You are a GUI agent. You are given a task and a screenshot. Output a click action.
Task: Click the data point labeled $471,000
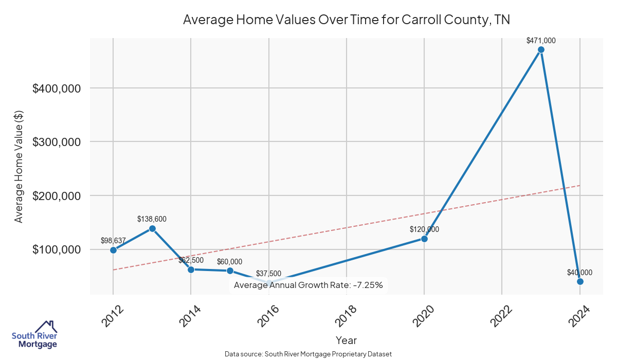[x=541, y=50]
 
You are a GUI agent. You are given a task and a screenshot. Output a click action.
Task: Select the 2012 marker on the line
[x=113, y=250]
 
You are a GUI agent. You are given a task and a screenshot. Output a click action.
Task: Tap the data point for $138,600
[x=152, y=228]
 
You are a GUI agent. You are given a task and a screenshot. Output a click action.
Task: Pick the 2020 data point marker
[x=424, y=239]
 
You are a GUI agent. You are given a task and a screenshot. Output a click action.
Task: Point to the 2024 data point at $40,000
[x=580, y=281]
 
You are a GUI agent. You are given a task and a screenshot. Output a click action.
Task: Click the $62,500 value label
[x=191, y=260]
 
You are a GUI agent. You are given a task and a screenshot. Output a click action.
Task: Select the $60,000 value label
[x=229, y=262]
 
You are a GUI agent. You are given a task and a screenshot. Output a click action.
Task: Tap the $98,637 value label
[x=113, y=241]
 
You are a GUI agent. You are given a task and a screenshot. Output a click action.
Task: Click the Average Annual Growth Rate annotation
[x=308, y=285]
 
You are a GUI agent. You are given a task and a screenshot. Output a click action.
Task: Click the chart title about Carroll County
[x=346, y=20]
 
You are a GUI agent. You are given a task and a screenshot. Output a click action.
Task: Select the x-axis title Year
[x=346, y=340]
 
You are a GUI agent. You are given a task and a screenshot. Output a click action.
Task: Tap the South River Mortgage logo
[x=34, y=335]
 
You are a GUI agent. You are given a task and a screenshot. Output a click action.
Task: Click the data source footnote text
[x=308, y=354]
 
